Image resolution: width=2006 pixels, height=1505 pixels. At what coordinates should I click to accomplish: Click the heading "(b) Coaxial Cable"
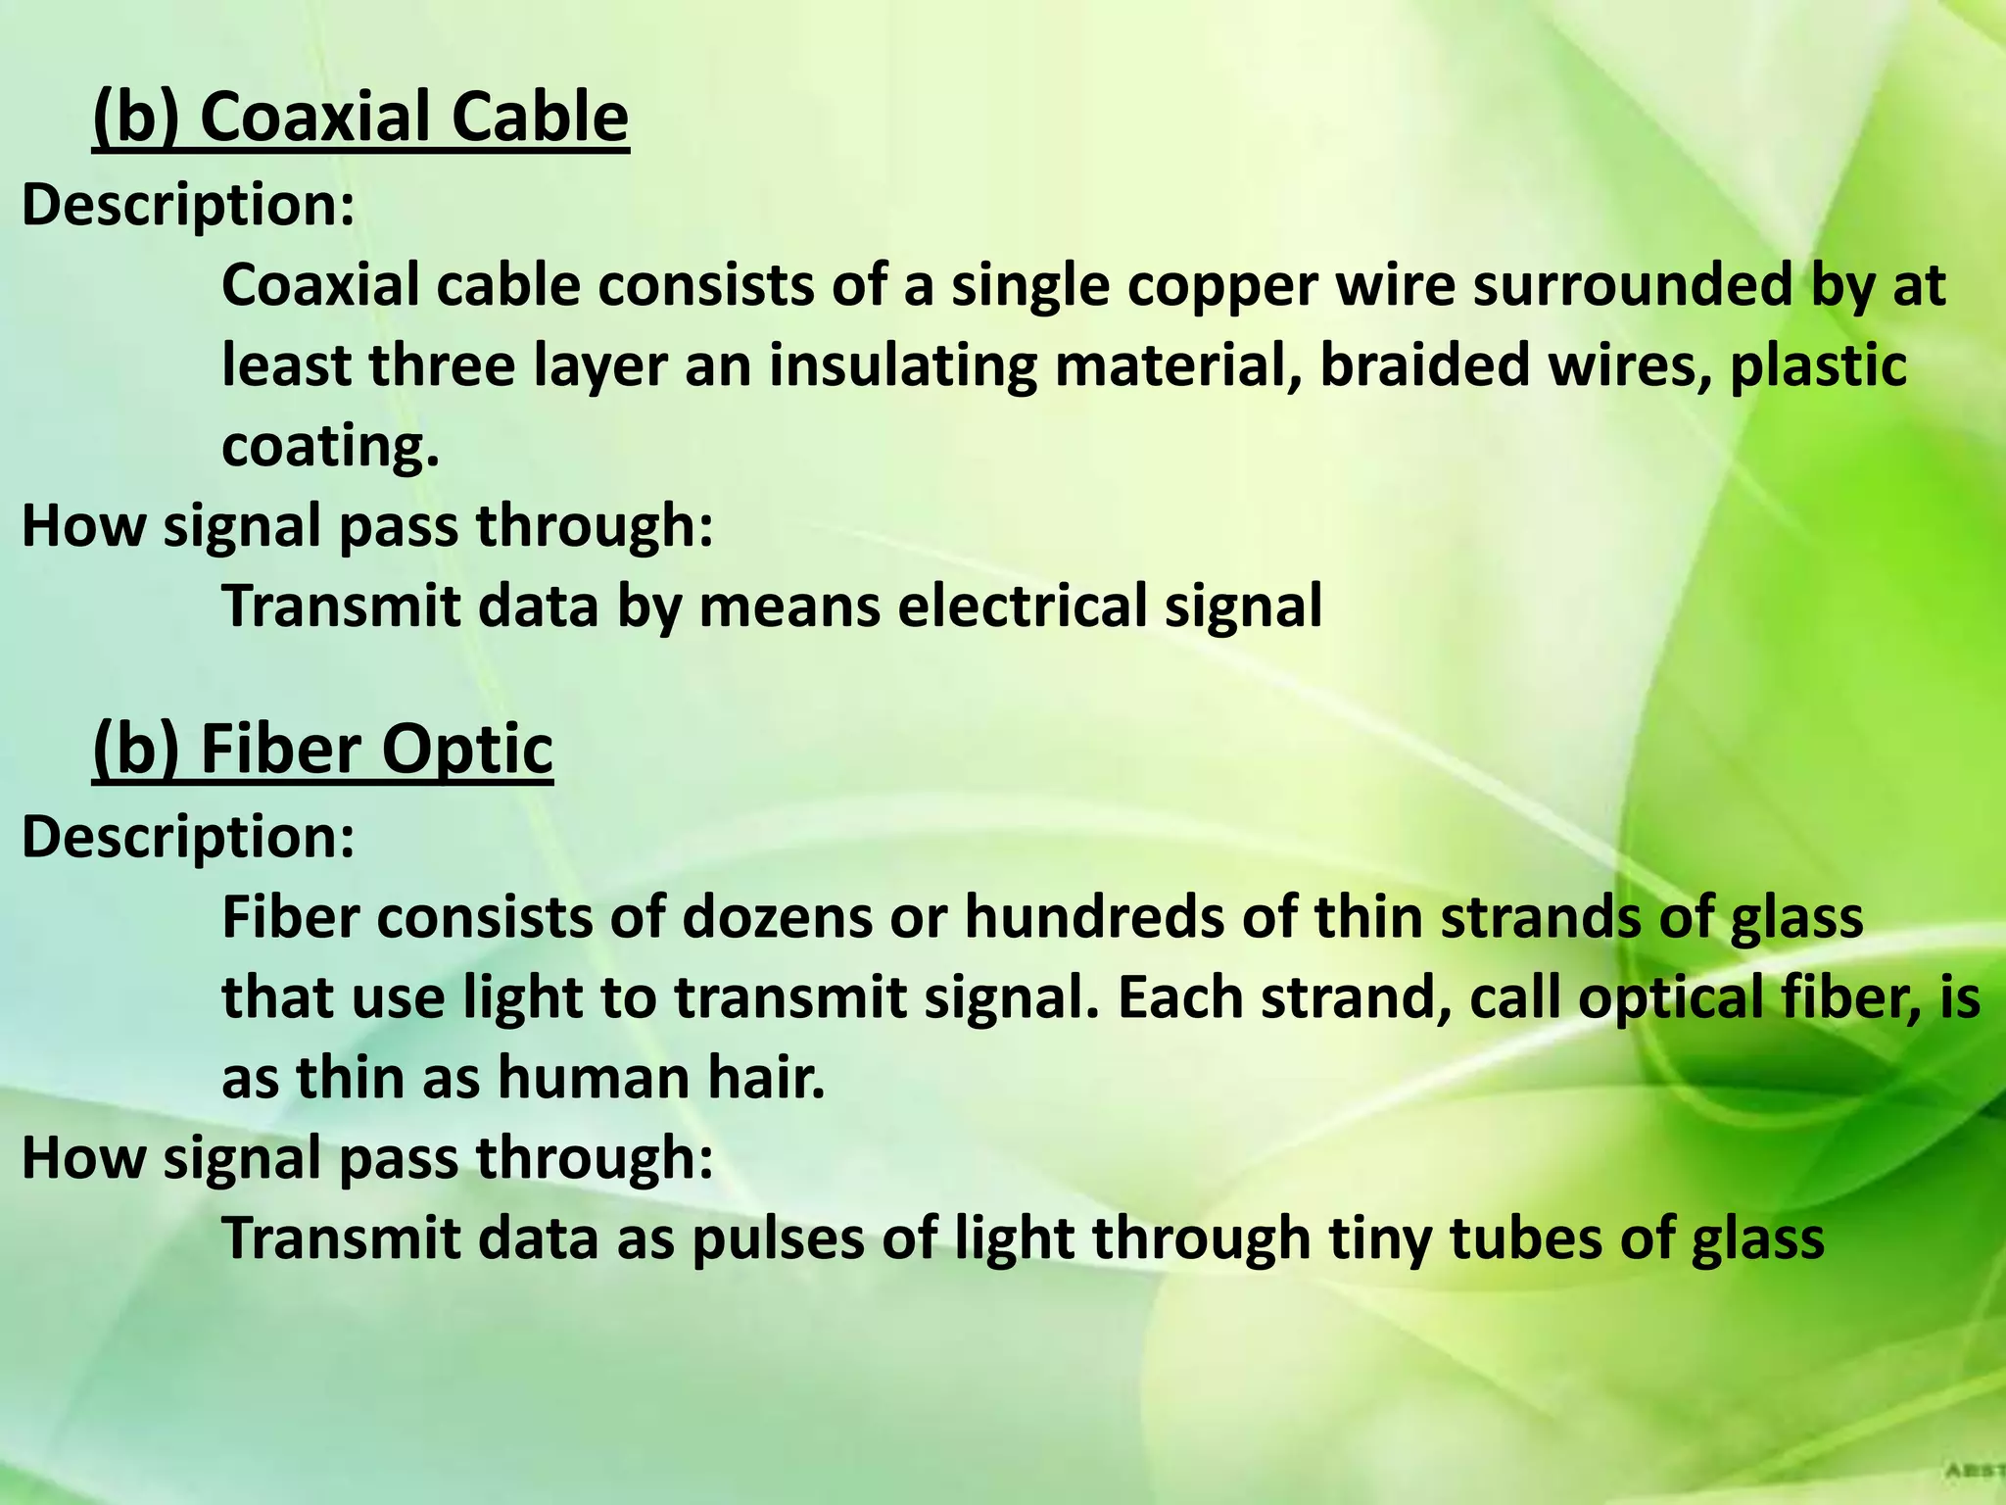click(360, 118)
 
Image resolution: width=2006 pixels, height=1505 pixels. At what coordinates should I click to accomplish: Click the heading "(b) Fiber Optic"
click(323, 750)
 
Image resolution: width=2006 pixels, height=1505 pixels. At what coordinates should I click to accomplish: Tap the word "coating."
click(330, 447)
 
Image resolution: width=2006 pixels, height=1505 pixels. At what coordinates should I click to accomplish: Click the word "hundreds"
click(1094, 919)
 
